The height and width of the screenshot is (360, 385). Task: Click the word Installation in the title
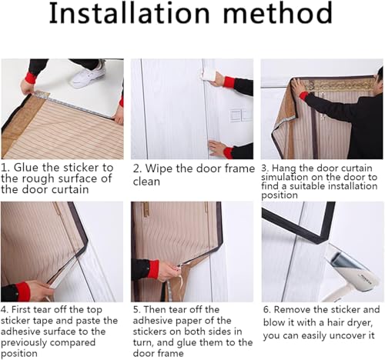[x=129, y=13]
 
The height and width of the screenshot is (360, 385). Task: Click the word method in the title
[x=278, y=13]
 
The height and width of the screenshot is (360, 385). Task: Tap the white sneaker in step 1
[x=89, y=75]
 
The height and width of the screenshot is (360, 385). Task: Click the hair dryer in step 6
[x=353, y=272]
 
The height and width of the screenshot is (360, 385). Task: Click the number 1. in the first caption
[x=5, y=168]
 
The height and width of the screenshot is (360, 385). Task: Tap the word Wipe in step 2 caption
[x=158, y=168]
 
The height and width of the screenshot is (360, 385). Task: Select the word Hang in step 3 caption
[x=284, y=168]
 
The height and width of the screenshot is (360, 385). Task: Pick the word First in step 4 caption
[x=22, y=310]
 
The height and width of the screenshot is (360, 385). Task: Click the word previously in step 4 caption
[x=22, y=343]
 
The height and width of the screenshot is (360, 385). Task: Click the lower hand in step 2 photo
[x=217, y=148]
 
